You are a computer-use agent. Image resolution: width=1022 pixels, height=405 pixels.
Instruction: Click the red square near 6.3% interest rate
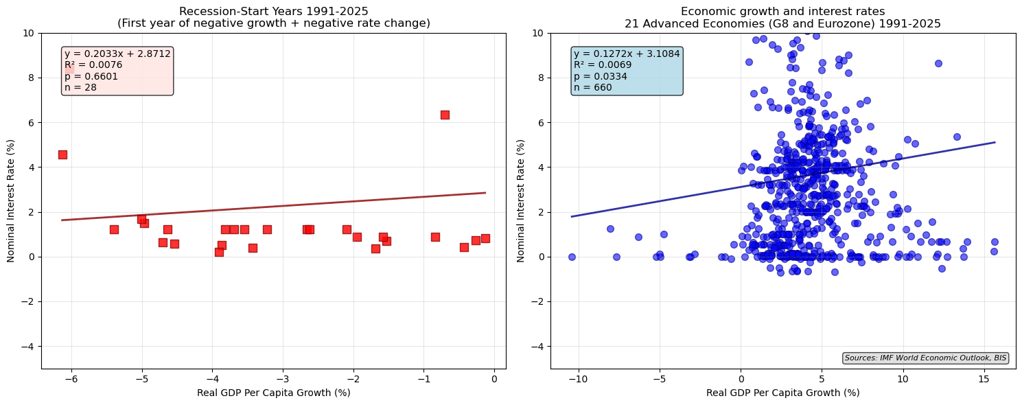(445, 115)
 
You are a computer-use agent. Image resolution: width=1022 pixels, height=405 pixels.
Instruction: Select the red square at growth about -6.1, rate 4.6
(62, 154)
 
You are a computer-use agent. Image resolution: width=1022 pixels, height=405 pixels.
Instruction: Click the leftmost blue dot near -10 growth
(572, 257)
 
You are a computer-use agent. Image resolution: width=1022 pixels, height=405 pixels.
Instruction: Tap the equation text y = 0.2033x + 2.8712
(117, 54)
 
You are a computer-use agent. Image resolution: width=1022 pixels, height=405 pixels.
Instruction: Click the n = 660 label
(592, 87)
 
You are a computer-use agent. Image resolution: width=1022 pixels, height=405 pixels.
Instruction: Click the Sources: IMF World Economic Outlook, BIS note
(925, 358)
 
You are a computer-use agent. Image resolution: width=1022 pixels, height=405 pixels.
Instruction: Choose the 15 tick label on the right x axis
(984, 380)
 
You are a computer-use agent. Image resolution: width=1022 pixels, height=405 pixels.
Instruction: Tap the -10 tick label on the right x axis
(578, 380)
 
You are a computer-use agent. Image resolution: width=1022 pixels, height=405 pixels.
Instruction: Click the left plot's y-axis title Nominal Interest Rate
(11, 200)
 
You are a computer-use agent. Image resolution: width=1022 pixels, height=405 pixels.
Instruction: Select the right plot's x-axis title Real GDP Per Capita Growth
(782, 393)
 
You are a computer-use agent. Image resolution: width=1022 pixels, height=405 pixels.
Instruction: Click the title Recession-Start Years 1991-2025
(273, 11)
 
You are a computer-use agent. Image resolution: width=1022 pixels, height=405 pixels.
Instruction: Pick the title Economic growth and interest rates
(782, 11)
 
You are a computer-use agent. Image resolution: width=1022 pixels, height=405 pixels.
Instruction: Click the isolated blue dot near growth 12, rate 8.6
(938, 63)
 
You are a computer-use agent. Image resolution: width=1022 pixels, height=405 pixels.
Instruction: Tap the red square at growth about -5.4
(114, 229)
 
